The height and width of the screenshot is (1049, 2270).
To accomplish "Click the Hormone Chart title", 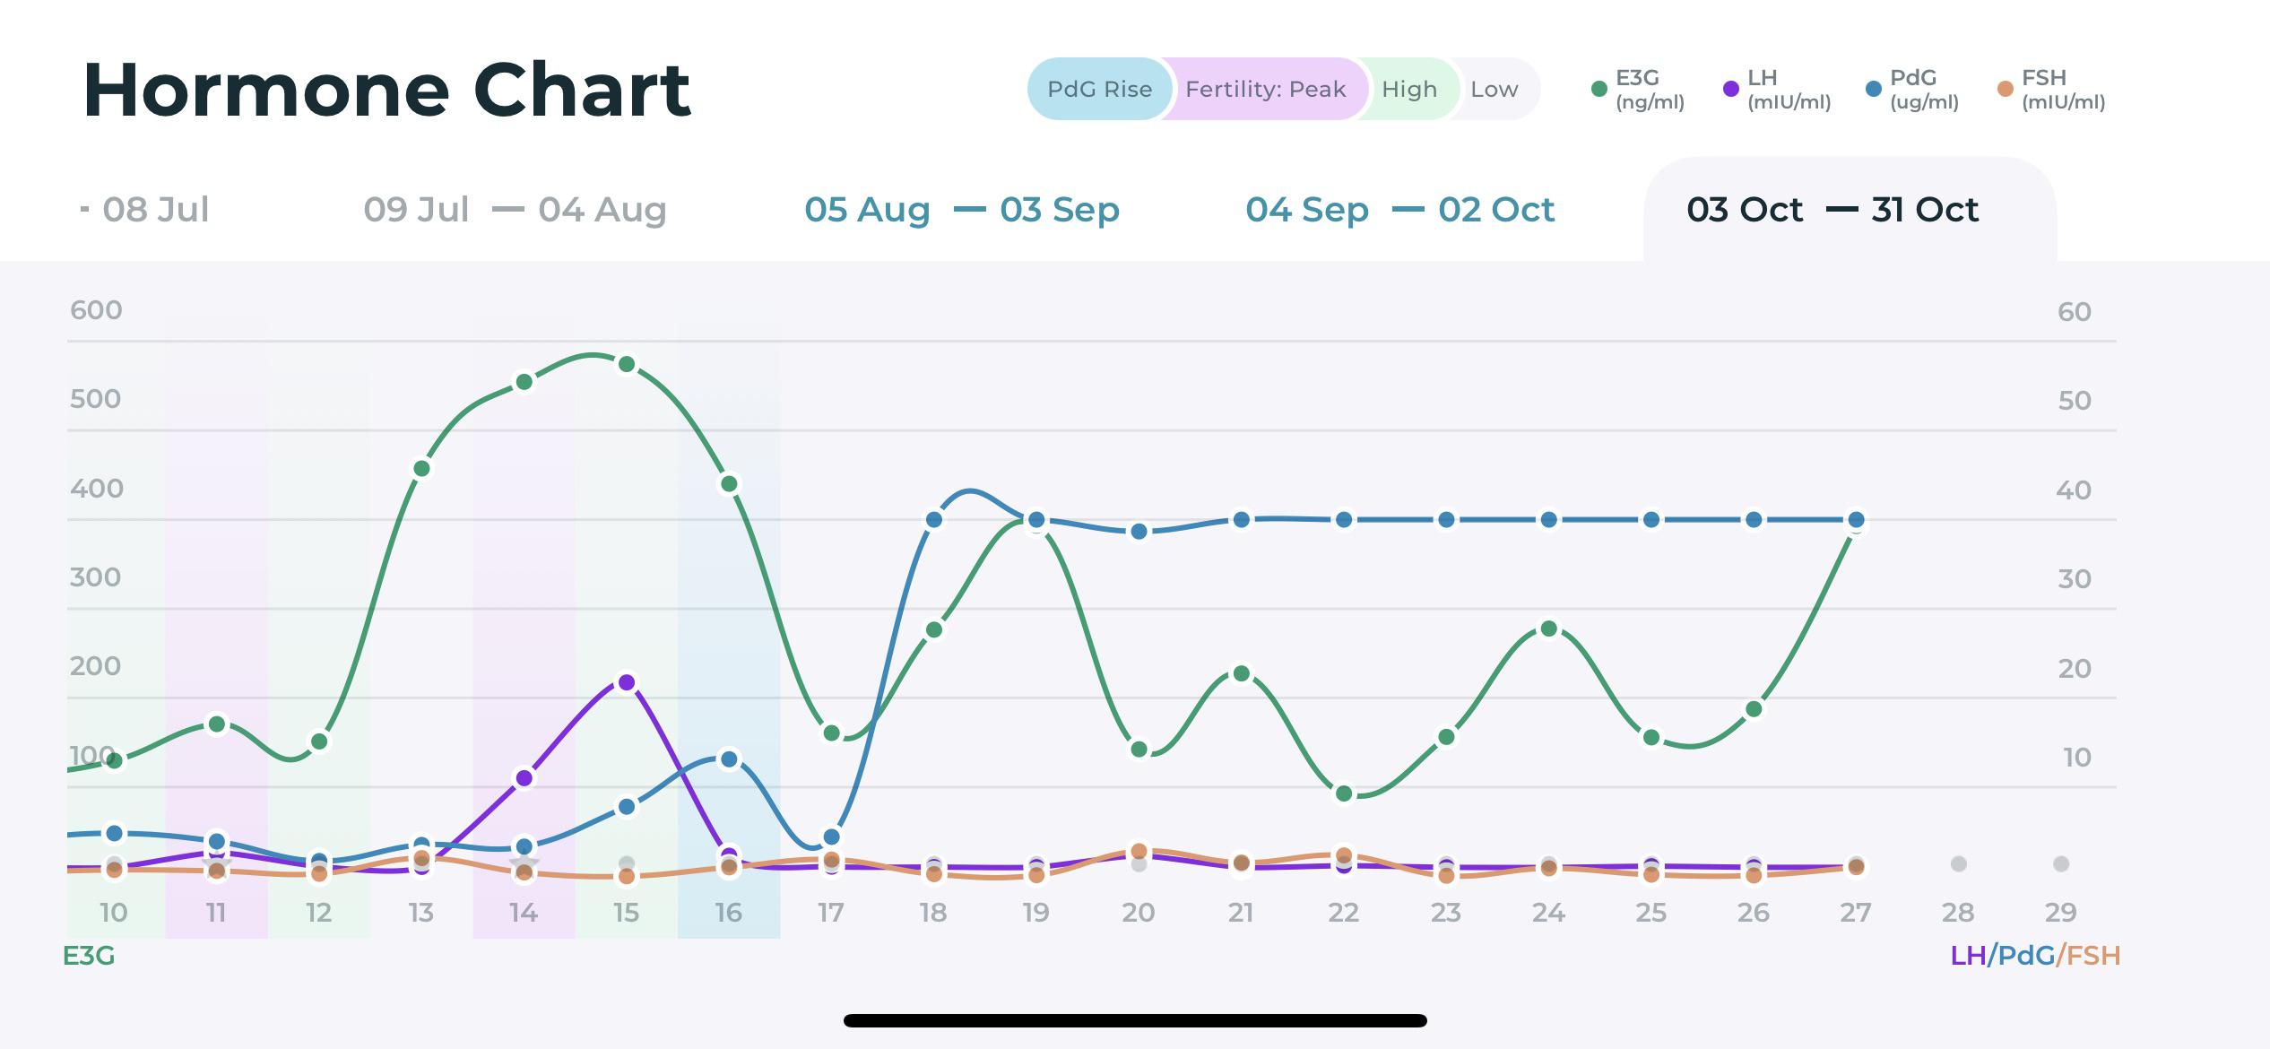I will (386, 91).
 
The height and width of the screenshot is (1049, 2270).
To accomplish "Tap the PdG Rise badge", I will (1099, 90).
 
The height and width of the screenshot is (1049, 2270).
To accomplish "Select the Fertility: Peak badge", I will (1265, 90).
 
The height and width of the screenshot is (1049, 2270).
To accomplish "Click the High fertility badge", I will (1408, 90).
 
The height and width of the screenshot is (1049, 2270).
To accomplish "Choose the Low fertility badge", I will (1494, 90).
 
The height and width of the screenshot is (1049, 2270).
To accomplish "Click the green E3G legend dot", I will (1599, 89).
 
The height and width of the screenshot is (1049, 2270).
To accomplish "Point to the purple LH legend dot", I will (1730, 89).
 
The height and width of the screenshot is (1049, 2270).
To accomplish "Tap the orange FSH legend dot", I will (2005, 89).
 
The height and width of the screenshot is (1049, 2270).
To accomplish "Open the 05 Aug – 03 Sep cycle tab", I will (962, 210).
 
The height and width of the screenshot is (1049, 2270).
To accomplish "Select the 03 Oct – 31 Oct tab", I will (1832, 210).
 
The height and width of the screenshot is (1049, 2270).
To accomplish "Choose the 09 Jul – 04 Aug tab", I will (515, 210).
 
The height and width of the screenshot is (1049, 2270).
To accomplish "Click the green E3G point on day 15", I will (627, 365).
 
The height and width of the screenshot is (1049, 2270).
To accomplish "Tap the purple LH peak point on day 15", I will (627, 683).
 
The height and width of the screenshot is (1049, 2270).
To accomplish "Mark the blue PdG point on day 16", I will (729, 759).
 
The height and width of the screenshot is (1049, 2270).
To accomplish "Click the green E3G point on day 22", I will (1343, 793).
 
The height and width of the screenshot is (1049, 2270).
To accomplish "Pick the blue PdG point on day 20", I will (1139, 532).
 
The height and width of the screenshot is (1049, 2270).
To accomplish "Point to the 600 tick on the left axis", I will (96, 310).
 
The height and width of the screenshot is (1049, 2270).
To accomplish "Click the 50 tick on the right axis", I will (2074, 400).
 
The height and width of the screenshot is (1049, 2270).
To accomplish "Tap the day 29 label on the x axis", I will (2060, 913).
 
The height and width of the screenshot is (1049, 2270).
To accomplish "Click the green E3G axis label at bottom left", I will (89, 956).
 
